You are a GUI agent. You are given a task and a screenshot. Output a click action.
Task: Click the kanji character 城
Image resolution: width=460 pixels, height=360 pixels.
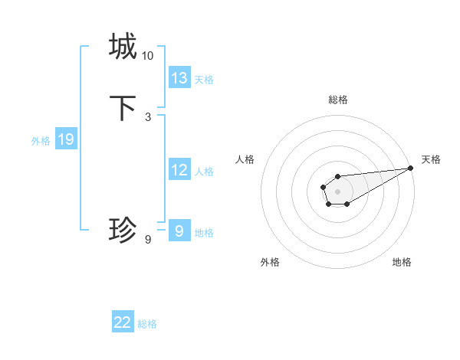123,46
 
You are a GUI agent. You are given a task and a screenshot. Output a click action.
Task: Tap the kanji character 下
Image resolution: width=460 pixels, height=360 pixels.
123,108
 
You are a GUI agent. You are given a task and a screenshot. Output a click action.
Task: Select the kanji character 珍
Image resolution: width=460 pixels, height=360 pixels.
123,229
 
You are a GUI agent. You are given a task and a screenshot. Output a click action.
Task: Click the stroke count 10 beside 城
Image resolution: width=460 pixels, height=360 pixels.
148,56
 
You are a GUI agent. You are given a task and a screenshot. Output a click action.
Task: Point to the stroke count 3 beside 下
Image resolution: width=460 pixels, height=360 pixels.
148,117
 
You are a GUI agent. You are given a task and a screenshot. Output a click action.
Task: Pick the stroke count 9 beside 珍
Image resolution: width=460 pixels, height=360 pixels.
148,240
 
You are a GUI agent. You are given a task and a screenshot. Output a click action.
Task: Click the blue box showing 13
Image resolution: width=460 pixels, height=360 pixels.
179,78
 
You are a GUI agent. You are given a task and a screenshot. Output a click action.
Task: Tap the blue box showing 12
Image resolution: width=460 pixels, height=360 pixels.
179,170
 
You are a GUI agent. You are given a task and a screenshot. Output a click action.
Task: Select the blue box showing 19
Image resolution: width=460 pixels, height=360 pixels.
66,139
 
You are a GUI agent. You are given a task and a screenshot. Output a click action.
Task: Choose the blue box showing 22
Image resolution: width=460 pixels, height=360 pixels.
123,322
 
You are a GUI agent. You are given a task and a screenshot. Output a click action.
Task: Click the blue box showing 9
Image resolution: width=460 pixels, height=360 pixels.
179,231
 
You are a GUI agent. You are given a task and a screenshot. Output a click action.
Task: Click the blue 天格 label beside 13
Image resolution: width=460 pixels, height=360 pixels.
204,80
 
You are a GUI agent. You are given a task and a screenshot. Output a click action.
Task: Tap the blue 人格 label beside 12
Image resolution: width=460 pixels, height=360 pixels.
204,172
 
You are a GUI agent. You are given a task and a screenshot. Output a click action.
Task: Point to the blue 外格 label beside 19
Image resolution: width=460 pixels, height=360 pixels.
41,141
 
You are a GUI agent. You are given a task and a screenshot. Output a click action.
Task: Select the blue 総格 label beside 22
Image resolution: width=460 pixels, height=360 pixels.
147,324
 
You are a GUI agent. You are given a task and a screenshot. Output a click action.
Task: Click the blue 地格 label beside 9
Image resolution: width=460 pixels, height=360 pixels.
204,233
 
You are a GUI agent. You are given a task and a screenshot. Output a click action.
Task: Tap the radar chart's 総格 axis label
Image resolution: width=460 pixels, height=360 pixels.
338,100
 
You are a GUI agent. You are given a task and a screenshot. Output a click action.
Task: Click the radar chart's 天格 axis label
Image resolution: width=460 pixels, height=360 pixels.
431,159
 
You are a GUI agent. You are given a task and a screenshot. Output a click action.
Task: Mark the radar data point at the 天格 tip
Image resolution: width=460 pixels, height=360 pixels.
410,169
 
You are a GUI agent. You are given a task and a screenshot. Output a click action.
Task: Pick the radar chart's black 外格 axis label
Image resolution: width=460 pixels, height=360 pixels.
270,262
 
